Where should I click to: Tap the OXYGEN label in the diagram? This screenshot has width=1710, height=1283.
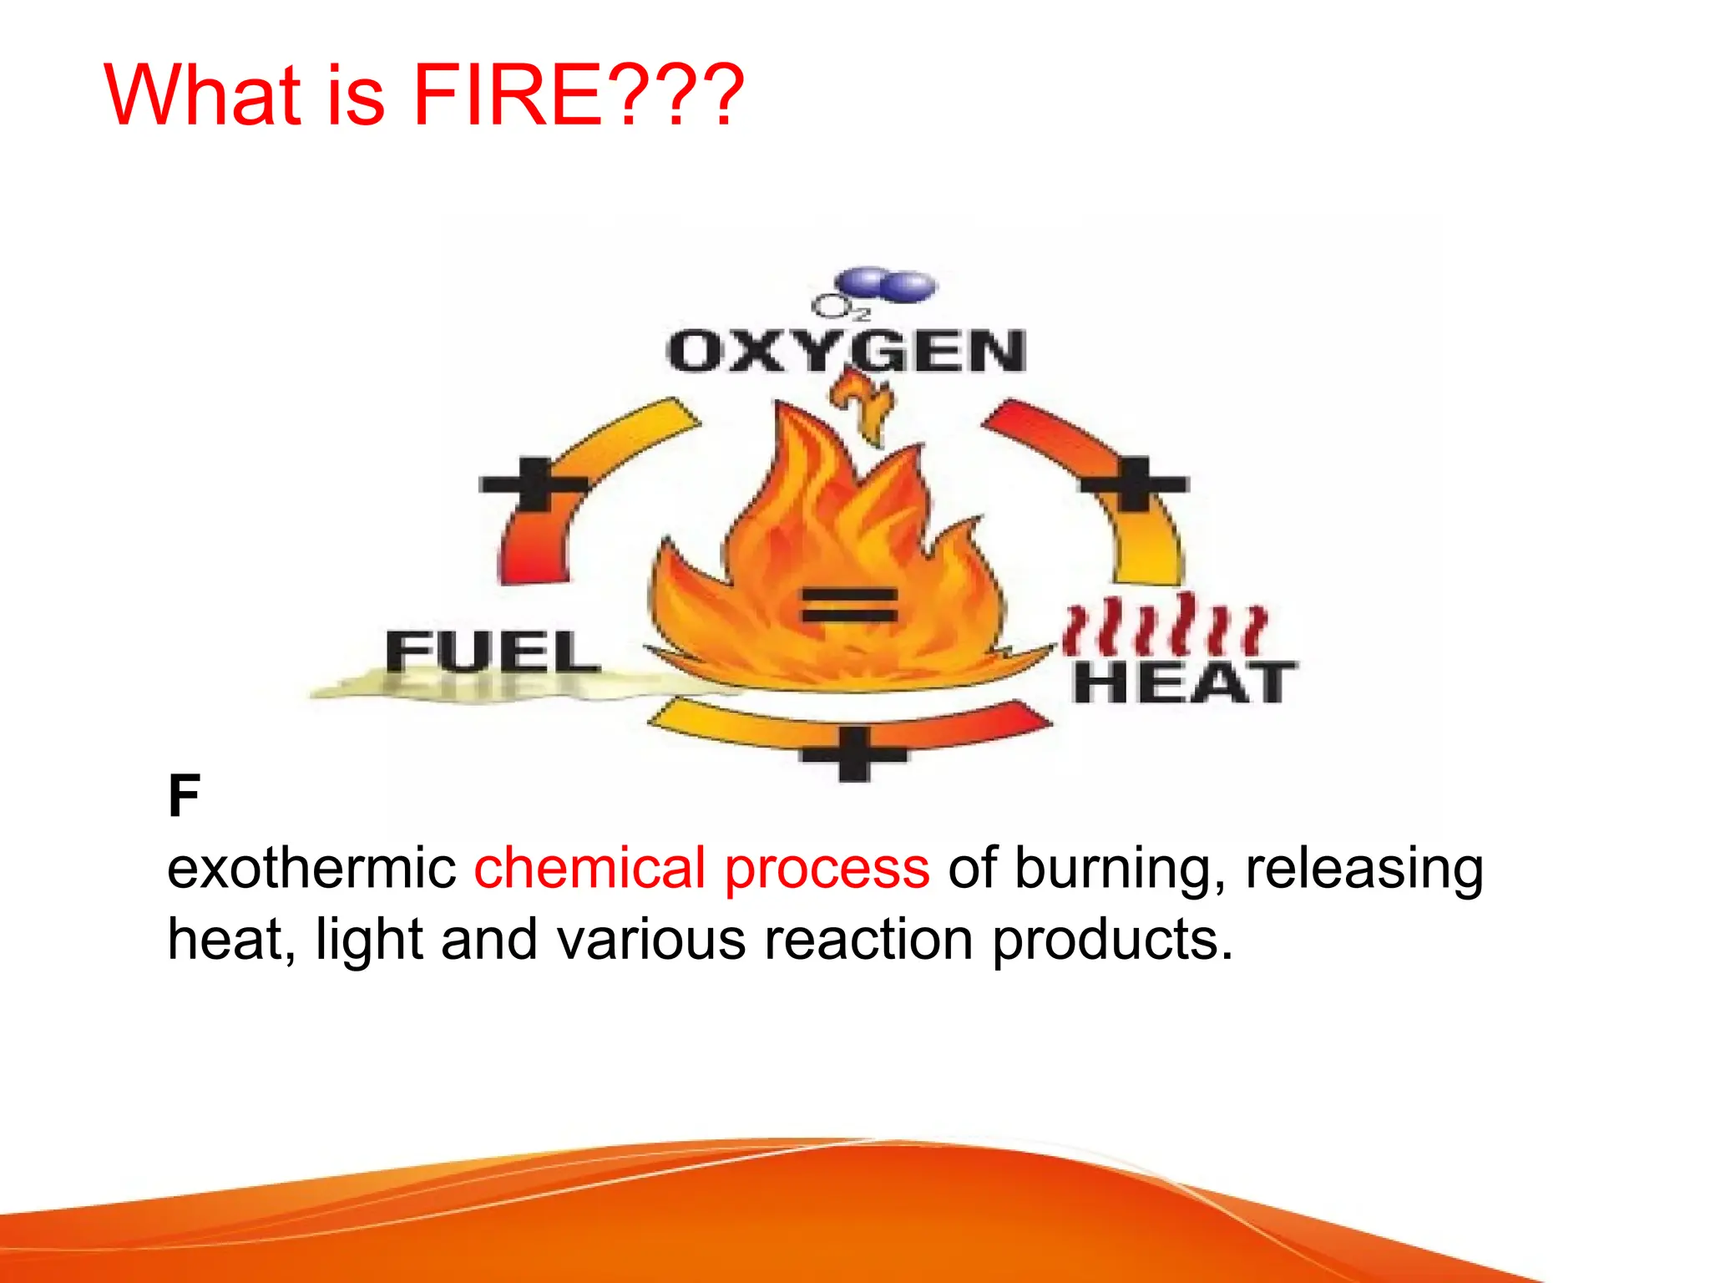(x=847, y=352)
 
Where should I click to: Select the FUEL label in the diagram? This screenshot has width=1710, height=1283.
(x=493, y=652)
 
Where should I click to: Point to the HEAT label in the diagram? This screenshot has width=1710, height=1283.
(x=1184, y=682)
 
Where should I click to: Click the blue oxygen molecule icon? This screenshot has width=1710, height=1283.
(x=888, y=284)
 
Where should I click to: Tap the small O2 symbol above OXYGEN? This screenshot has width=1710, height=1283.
(x=840, y=308)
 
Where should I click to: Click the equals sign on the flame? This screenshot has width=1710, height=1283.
(x=849, y=605)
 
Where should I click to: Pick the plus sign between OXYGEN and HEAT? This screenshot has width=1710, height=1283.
(x=1134, y=484)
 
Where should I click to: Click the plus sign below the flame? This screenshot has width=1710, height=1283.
(x=853, y=754)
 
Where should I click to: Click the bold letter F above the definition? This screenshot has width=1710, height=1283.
(x=184, y=796)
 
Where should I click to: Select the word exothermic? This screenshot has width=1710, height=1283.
(x=311, y=869)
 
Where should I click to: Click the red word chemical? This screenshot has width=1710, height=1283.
(x=589, y=869)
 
